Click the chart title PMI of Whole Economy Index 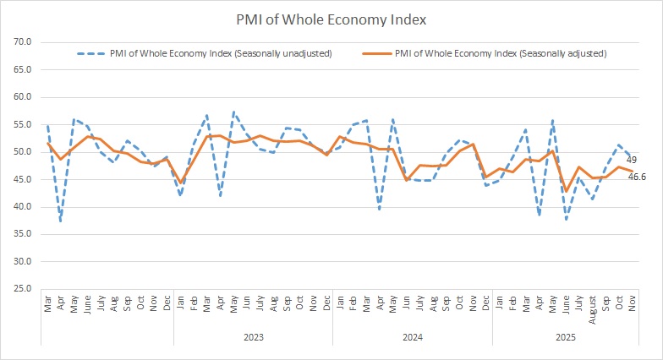click(331, 19)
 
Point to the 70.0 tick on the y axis click(23, 42)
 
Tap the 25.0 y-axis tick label click(23, 289)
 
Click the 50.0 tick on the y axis click(23, 152)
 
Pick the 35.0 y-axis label click(23, 234)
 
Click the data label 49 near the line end click(632, 159)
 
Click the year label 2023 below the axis click(253, 336)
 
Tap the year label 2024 click(412, 336)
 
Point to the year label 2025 click(565, 336)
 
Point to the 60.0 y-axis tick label click(23, 97)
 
